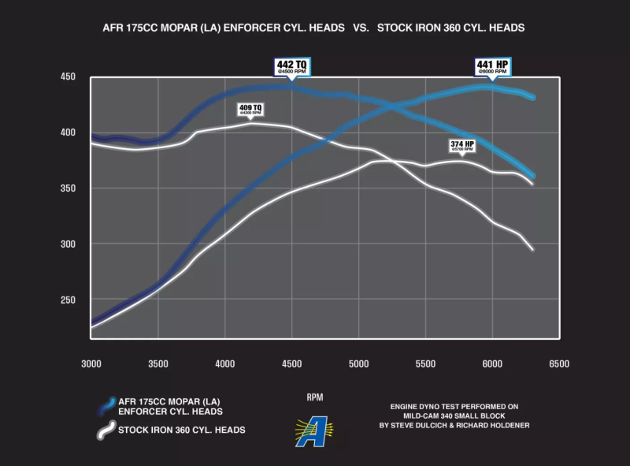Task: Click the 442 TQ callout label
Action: click(x=291, y=66)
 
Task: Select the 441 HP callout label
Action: click(x=493, y=66)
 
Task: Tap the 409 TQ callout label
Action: click(x=250, y=109)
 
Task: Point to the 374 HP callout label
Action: click(x=462, y=146)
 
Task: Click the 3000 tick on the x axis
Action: click(x=91, y=363)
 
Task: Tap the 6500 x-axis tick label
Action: click(x=558, y=363)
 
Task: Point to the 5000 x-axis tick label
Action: click(x=358, y=363)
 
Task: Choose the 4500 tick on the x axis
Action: click(x=292, y=363)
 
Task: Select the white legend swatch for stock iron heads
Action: click(x=102, y=431)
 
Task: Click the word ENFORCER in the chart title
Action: click(x=251, y=28)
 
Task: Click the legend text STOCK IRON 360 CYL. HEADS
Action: click(x=181, y=431)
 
